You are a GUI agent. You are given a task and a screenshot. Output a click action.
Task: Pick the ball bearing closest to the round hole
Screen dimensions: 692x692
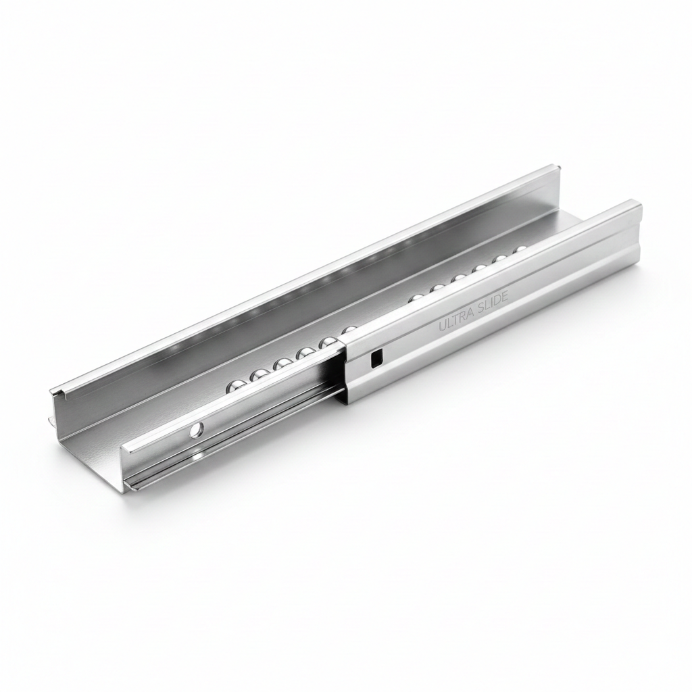point(234,387)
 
